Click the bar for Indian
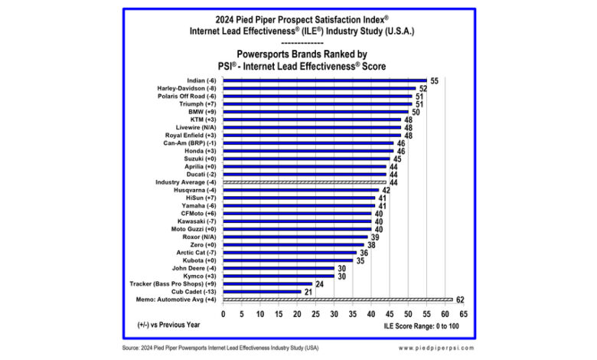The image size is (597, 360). tap(325, 80)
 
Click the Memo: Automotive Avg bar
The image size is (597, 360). tap(338, 300)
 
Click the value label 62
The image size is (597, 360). tap(460, 300)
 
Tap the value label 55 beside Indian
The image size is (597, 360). tap(434, 80)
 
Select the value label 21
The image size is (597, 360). tap(308, 292)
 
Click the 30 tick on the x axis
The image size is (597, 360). tap(334, 313)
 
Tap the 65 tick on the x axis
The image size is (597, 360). tap(463, 313)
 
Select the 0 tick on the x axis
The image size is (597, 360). tap(223, 313)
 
